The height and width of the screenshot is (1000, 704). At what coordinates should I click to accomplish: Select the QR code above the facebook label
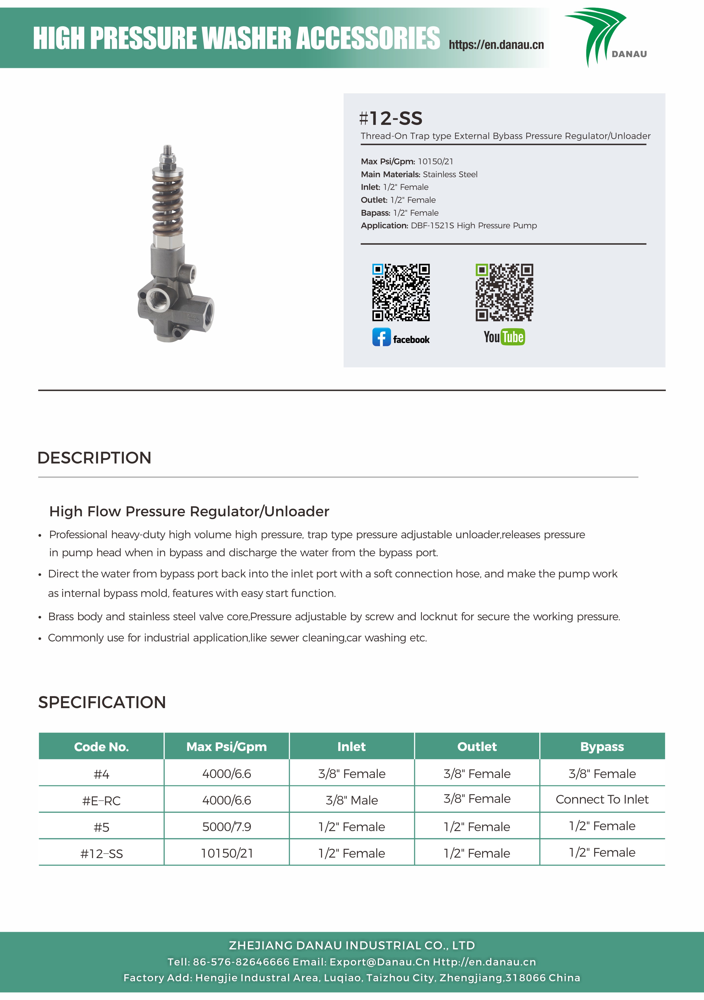[401, 292]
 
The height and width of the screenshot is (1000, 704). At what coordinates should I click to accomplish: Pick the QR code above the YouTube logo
[504, 292]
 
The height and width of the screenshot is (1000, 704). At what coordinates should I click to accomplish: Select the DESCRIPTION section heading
[94, 458]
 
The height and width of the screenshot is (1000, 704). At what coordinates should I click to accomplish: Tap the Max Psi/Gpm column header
[226, 747]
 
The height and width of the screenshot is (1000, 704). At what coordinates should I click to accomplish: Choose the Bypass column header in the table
[602, 747]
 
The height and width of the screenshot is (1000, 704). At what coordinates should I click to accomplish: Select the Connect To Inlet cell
[602, 799]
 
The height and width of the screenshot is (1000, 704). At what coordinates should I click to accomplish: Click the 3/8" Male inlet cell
[352, 800]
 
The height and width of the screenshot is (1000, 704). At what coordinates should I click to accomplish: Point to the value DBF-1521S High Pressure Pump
[474, 226]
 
